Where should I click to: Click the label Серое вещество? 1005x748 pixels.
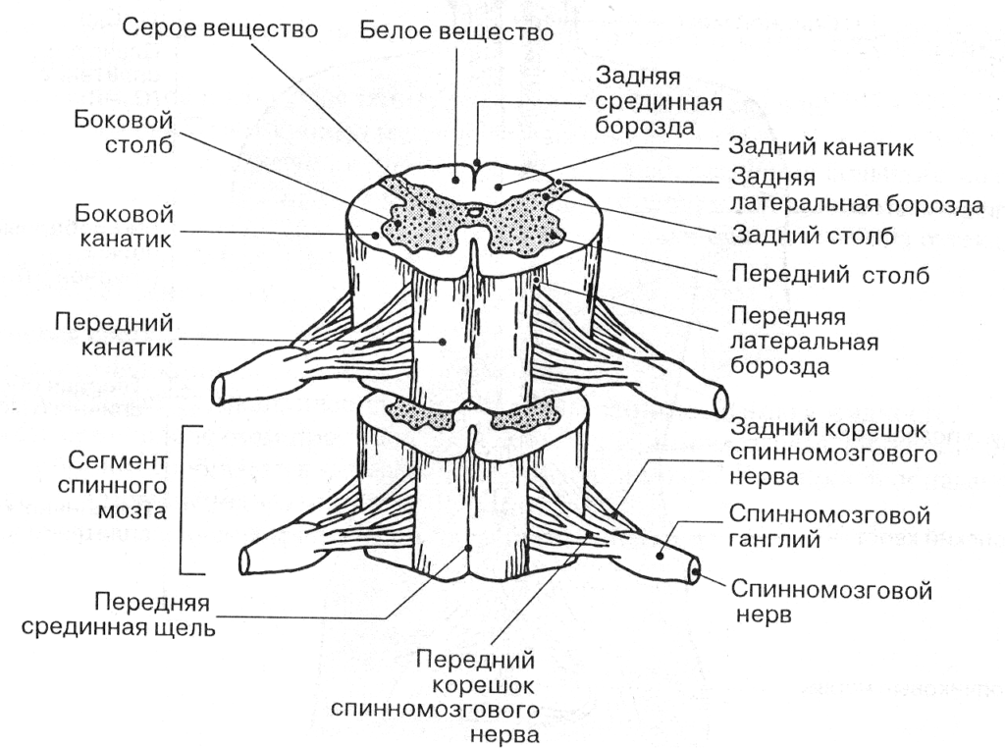(221, 29)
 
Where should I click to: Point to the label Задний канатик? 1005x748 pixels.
(820, 148)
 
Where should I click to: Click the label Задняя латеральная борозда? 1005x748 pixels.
(857, 191)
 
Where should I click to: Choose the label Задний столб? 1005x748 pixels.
(811, 237)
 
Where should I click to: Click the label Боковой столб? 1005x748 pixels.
(131, 133)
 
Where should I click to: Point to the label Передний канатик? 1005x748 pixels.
(115, 335)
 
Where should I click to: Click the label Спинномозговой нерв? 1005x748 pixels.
(831, 603)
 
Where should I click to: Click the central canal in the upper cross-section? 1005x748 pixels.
(474, 210)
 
